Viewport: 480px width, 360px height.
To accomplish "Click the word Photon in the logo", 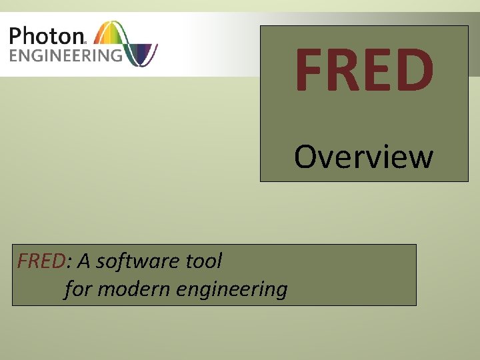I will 47,35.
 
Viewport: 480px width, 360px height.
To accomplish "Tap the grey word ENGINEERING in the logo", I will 65,54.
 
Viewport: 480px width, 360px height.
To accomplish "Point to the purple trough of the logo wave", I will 143,57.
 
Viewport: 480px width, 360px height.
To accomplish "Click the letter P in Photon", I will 17,35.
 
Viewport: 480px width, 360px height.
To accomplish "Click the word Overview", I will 364,157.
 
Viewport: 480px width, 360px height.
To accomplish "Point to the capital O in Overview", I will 305,157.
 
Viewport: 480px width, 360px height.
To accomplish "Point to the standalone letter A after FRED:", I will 84,261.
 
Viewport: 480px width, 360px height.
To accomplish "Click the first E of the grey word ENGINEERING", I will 14,54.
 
